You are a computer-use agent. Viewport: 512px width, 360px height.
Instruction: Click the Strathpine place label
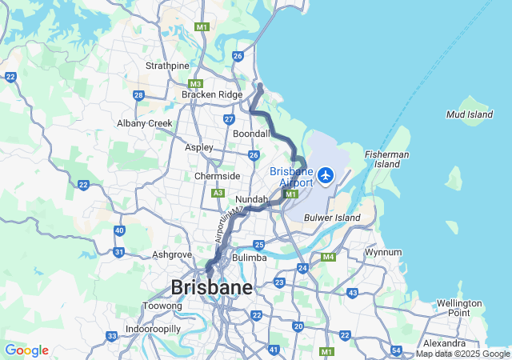[x=167, y=66]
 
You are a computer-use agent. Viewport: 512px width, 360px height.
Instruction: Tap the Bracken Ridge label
[x=211, y=94]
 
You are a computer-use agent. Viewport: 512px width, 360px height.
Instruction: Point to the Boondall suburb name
[x=251, y=134]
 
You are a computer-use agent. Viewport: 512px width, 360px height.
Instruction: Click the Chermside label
[x=217, y=176]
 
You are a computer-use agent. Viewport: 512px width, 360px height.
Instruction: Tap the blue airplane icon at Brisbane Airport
[x=326, y=174]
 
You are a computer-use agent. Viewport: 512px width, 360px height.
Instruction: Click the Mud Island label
[x=470, y=115]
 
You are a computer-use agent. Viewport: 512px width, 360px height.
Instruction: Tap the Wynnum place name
[x=383, y=252]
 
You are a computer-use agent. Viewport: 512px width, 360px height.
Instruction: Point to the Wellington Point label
[x=459, y=308]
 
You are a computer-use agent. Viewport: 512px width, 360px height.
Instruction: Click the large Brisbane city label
[x=211, y=287]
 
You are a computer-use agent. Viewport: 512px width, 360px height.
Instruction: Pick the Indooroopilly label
[x=153, y=329]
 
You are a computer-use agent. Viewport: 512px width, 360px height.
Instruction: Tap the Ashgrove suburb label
[x=172, y=255]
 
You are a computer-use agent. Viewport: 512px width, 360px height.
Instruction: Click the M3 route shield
[x=196, y=84]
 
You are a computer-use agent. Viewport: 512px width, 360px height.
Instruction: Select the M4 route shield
[x=328, y=257]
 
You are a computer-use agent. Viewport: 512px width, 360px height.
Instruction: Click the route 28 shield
[x=138, y=95]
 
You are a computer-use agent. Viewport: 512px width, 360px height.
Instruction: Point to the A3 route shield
[x=218, y=193]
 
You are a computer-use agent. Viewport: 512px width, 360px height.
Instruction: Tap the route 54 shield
[x=397, y=350]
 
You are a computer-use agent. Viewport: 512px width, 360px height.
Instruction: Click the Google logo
[x=26, y=350]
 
